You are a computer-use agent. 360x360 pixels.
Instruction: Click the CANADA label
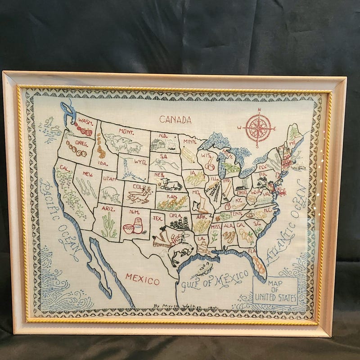pyautogui.click(x=175, y=120)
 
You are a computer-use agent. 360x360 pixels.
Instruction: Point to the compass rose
pyautogui.click(x=258, y=127)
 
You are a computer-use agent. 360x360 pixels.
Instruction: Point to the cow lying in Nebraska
pyautogui.click(x=170, y=184)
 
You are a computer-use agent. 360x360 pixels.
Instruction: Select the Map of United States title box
pyautogui.click(x=275, y=290)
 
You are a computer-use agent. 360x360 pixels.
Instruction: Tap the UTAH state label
pyautogui.click(x=109, y=179)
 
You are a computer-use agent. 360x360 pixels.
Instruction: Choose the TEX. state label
pyautogui.click(x=157, y=218)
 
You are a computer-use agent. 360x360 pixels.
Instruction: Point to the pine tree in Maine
pyautogui.click(x=294, y=133)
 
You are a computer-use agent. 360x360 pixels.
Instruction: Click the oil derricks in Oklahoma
pyautogui.click(x=182, y=224)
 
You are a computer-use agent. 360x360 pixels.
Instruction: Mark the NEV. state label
pyautogui.click(x=87, y=173)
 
